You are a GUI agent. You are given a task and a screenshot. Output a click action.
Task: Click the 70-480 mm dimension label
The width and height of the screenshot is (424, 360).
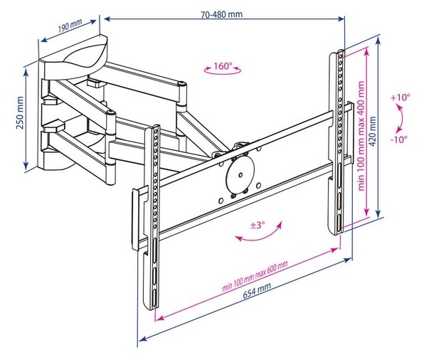tap(221, 14)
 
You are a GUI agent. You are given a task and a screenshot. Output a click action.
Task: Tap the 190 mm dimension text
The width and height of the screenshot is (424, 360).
tap(70, 26)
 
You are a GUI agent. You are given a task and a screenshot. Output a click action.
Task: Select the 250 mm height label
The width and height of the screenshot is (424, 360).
tap(20, 113)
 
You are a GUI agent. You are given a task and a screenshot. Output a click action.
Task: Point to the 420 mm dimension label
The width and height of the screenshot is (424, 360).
tap(373, 132)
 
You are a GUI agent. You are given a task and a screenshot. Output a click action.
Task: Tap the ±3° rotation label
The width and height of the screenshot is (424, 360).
tap(257, 225)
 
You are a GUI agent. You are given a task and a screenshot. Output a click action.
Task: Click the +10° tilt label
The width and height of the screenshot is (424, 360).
tap(401, 97)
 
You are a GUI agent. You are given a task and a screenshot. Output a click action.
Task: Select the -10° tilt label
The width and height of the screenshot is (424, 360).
tap(398, 140)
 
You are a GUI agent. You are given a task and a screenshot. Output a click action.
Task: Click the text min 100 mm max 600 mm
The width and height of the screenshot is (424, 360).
tap(255, 276)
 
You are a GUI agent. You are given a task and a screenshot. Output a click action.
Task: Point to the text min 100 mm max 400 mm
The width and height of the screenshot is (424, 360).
tap(361, 136)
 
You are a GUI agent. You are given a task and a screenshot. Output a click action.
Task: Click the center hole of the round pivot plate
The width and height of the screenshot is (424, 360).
tap(240, 175)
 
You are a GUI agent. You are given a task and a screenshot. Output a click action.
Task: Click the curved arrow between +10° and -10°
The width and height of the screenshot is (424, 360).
tap(402, 119)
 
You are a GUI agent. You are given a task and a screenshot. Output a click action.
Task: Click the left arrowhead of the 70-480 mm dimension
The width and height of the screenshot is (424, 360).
tap(107, 18)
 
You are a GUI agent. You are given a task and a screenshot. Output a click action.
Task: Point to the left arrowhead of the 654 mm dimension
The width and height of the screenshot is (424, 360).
tap(142, 339)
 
